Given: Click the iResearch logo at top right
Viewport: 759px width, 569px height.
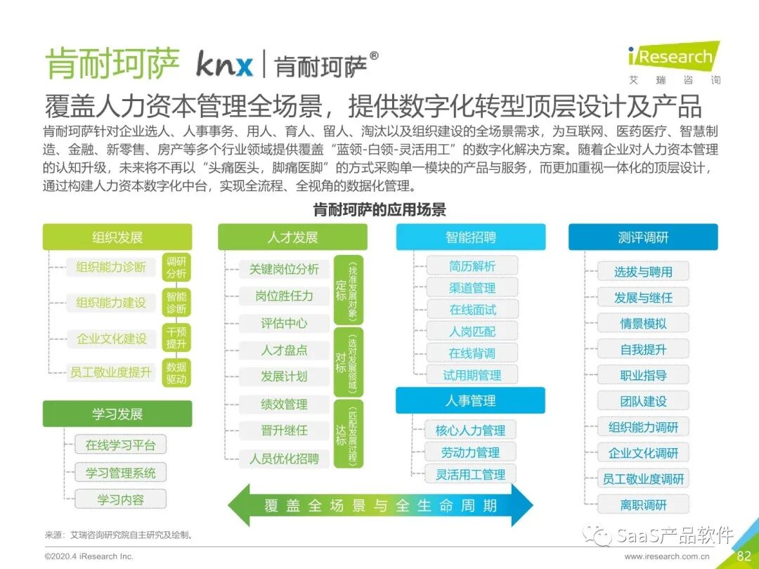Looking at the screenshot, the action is point(673,56).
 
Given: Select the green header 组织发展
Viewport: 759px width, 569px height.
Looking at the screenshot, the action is point(117,237).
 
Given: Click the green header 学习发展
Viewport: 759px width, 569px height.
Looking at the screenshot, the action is point(117,414).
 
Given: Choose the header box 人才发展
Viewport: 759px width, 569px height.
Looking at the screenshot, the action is point(292,237).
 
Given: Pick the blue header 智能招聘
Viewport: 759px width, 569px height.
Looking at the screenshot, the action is point(470,237).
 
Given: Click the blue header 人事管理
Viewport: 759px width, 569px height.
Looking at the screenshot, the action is point(470,400).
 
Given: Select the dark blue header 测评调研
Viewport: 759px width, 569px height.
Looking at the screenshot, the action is point(643,237).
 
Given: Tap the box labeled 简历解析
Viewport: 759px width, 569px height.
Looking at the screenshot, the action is point(472,266).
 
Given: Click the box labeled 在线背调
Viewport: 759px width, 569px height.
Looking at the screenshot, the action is point(472,353).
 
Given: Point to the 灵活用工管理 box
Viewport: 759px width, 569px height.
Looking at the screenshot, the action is point(470,474).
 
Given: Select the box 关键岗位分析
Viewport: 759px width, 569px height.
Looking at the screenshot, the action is point(284,269).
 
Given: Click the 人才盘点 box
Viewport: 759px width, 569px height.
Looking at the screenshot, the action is point(284,350).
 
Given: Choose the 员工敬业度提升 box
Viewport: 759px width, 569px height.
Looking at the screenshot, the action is point(110,372).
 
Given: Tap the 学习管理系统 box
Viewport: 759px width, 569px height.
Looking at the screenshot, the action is point(121,473).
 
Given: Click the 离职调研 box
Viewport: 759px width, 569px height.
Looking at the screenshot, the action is point(643,504).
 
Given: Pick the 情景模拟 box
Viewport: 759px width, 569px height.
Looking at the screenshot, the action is point(643,324).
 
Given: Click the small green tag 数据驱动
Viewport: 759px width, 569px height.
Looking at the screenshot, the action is point(176,373).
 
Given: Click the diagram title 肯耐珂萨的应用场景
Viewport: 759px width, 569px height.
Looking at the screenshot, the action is point(379,209).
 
